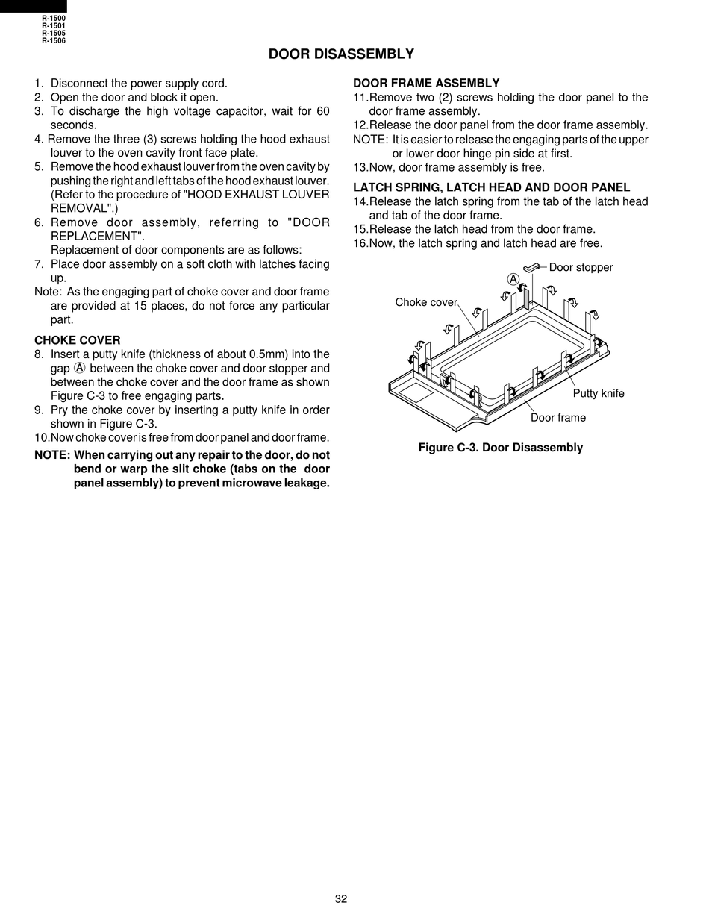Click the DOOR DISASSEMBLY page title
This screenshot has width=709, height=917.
pyautogui.click(x=341, y=54)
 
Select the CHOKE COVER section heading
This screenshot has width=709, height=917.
pyautogui.click(x=78, y=340)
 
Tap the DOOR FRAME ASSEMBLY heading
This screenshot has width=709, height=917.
pyautogui.click(x=426, y=83)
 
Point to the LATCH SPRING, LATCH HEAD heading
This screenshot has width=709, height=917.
pyautogui.click(x=492, y=187)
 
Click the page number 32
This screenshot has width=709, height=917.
pyautogui.click(x=341, y=899)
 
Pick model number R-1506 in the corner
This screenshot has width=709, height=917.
pyautogui.click(x=54, y=41)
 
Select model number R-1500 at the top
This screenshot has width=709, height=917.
pyautogui.click(x=54, y=19)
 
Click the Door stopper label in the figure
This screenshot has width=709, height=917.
pyautogui.click(x=581, y=268)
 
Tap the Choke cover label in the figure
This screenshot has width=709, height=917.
pyautogui.click(x=426, y=302)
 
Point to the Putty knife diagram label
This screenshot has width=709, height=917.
pyautogui.click(x=599, y=393)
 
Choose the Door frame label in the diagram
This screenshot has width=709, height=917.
pyautogui.click(x=558, y=417)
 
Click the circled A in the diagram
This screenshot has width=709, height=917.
pyautogui.click(x=513, y=279)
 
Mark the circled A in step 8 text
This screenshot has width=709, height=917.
pyautogui.click(x=80, y=368)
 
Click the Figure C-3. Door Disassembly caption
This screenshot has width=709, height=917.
pyautogui.click(x=501, y=448)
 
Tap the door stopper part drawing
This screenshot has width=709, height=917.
pyautogui.click(x=531, y=267)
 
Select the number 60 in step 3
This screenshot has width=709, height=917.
pyautogui.click(x=323, y=111)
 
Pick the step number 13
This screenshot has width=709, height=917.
pyautogui.click(x=360, y=168)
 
